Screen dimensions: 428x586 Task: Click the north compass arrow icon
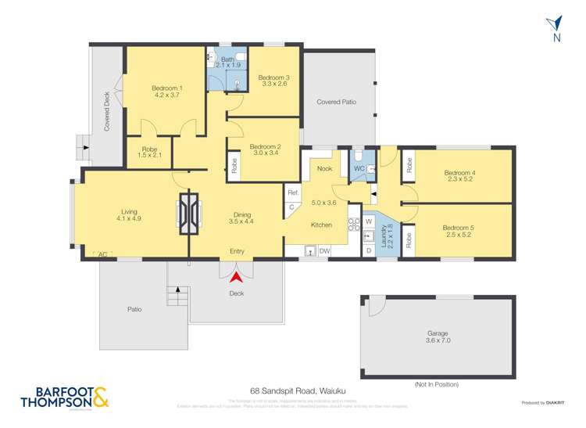point(556,25)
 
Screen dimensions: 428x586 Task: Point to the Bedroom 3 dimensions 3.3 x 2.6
point(273,84)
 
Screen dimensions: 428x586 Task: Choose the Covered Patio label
point(337,102)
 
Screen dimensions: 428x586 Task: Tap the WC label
point(359,168)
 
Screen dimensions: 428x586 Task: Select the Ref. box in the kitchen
point(293,192)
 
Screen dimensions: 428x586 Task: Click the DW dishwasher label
point(324,251)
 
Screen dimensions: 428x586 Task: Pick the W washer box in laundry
point(368,221)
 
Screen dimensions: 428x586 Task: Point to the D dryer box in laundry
point(368,250)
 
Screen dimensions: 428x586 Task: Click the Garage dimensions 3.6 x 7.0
point(438,342)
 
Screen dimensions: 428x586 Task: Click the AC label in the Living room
point(102,254)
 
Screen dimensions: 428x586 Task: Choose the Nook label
point(324,168)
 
